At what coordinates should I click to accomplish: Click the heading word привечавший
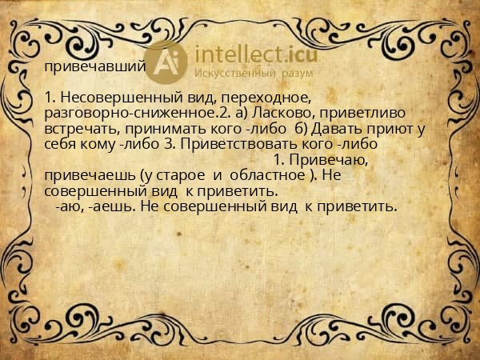94,66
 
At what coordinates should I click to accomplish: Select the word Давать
335,128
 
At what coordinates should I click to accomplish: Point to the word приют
389,128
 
